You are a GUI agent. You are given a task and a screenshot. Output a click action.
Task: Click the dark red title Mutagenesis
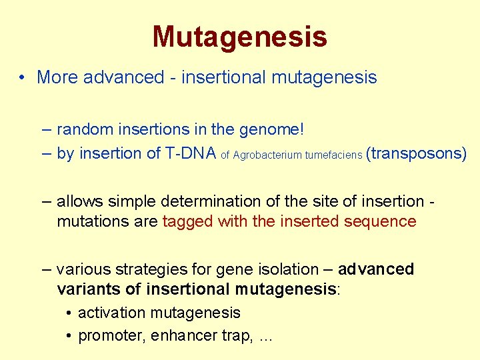coord(239,37)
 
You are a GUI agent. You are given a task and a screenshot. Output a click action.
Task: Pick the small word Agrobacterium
coord(267,155)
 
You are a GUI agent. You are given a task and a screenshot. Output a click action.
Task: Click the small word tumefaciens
coord(333,155)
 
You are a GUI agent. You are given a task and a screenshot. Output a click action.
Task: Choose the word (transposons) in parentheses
coord(417,153)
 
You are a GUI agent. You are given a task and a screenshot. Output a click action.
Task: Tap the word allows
coord(78,201)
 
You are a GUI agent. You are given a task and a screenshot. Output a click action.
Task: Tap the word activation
coord(111,313)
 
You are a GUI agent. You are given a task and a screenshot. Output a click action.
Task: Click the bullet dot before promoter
coord(69,336)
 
